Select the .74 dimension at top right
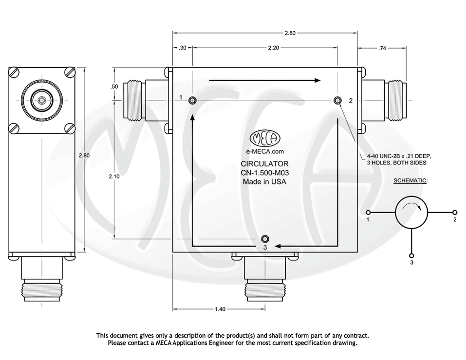click(382, 48)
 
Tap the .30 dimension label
click(183, 48)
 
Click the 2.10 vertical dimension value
click(114, 177)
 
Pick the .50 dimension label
click(114, 87)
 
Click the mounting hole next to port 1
click(193, 100)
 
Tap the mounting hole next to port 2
click(337, 100)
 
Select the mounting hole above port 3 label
click(264, 238)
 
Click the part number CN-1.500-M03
click(264, 173)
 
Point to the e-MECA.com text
click(264, 151)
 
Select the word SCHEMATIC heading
click(410, 180)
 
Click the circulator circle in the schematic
click(411, 213)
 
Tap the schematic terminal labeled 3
click(411, 256)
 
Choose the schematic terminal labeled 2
click(455, 213)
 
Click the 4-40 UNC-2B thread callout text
click(399, 159)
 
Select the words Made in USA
click(264, 181)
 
